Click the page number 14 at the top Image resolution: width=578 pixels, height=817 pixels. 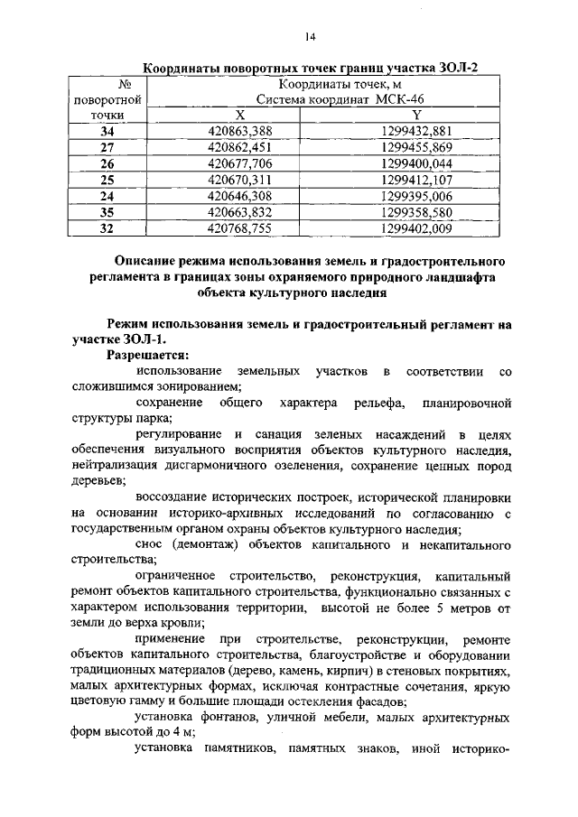[x=310, y=36]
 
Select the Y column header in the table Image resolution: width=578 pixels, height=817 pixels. [x=416, y=116]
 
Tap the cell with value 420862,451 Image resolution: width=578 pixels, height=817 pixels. [x=240, y=148]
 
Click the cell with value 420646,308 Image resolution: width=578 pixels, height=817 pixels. [x=240, y=196]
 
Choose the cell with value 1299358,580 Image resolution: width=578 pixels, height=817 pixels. [x=416, y=212]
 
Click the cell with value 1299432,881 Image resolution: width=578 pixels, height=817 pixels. [x=416, y=132]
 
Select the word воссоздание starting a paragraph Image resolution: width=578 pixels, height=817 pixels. [x=175, y=497]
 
